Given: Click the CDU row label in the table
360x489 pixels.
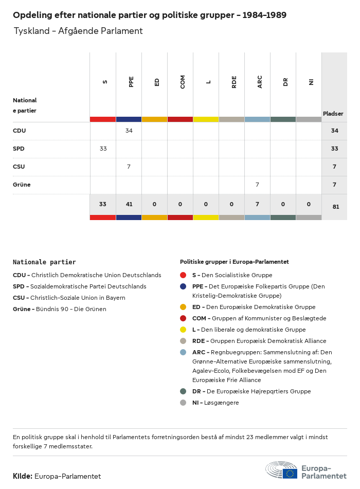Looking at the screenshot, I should [x=20, y=131].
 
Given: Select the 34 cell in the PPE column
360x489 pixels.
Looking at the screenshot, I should [x=129, y=131].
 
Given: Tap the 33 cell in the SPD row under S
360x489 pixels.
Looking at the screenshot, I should [x=103, y=149].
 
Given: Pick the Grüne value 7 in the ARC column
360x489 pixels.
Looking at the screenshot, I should [x=257, y=185].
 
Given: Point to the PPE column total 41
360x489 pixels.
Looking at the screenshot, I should [x=129, y=204].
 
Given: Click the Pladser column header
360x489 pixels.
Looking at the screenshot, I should [x=333, y=114].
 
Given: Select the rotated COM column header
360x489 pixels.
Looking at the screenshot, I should [x=183, y=82].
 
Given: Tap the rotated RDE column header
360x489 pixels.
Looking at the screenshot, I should [x=234, y=82].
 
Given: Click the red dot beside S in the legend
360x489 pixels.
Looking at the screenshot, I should [x=183, y=275].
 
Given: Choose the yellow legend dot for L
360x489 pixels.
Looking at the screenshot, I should [x=183, y=330].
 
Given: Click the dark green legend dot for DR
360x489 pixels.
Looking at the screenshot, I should [x=183, y=391].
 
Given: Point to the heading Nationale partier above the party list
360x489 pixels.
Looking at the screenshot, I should [x=44, y=262].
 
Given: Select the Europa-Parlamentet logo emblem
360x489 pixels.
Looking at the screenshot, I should [x=281, y=470].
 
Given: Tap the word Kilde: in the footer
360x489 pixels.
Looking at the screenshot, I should [x=23, y=476].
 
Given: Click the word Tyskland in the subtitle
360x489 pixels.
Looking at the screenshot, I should [x=30, y=31].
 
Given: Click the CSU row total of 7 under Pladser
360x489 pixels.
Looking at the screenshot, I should [x=334, y=167].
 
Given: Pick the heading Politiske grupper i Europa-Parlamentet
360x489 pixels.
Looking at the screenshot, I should [x=234, y=262].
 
